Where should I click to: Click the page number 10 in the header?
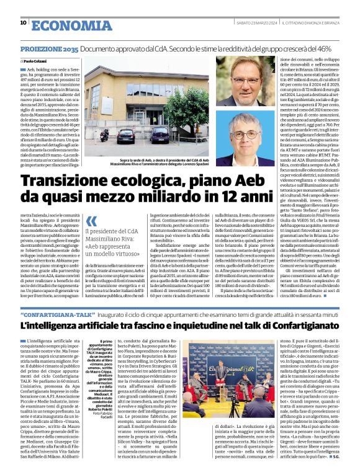click(x=23, y=22)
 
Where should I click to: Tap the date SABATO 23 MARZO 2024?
click(x=254, y=24)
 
